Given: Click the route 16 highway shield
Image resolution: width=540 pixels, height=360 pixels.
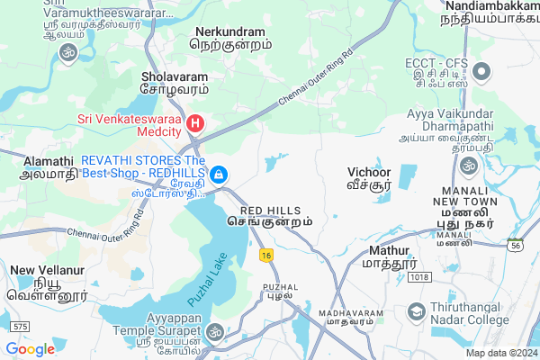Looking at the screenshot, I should coord(265,256).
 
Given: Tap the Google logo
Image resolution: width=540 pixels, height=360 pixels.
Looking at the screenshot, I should coord(30,348).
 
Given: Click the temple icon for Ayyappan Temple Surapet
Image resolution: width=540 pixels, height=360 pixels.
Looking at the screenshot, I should coord(214,332).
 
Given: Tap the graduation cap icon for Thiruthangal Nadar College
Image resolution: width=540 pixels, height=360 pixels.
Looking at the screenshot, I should coord(417,312).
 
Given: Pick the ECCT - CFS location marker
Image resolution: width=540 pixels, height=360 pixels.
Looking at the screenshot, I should coord(481,72).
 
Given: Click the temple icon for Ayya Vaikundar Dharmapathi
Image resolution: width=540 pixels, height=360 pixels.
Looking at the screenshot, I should coord(468,166).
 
